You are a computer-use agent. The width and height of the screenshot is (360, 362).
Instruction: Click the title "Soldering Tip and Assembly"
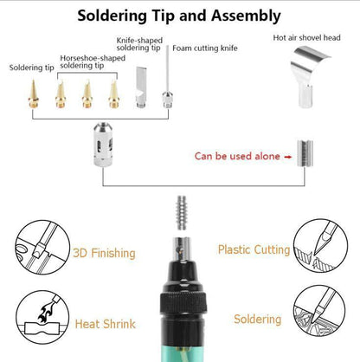pyautogui.click(x=179, y=16)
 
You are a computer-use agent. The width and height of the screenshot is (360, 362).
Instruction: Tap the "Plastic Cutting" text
pyautogui.click(x=253, y=249)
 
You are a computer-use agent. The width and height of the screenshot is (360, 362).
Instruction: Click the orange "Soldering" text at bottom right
pyautogui.click(x=257, y=319)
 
